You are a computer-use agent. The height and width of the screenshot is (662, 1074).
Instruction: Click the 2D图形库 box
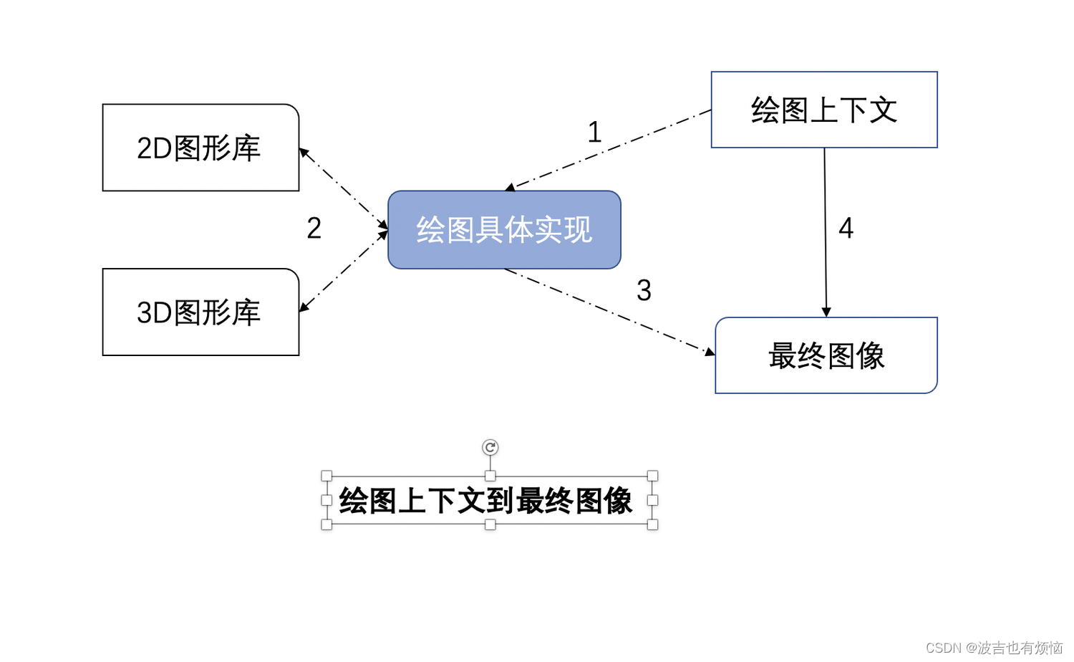coord(200,148)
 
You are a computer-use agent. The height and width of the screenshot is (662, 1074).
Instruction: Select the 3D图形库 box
coord(200,312)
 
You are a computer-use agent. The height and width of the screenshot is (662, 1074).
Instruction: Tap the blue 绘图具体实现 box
coord(504,230)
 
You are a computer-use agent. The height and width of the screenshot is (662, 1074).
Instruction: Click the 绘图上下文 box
coord(824,110)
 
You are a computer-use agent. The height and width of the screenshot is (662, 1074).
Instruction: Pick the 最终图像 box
coord(826,355)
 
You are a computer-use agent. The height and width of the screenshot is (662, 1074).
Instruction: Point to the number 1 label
coord(594,133)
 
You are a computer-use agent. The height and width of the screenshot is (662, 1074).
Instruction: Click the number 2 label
coord(314,229)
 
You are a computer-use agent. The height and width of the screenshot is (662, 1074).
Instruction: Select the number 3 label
coord(644,291)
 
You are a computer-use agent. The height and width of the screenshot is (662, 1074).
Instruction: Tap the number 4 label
coord(846,229)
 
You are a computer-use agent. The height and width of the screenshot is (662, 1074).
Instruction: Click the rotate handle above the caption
coord(490,448)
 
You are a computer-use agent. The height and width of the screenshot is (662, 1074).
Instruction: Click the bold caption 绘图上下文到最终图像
coord(485,501)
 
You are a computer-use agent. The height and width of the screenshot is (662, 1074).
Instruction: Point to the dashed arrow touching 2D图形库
coord(342,188)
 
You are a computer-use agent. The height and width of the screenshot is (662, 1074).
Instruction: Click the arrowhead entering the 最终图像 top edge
coord(826,312)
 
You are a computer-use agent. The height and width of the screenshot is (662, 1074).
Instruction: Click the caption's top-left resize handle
coord(326,476)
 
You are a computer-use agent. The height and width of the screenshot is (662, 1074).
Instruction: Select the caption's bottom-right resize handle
coord(652,524)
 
